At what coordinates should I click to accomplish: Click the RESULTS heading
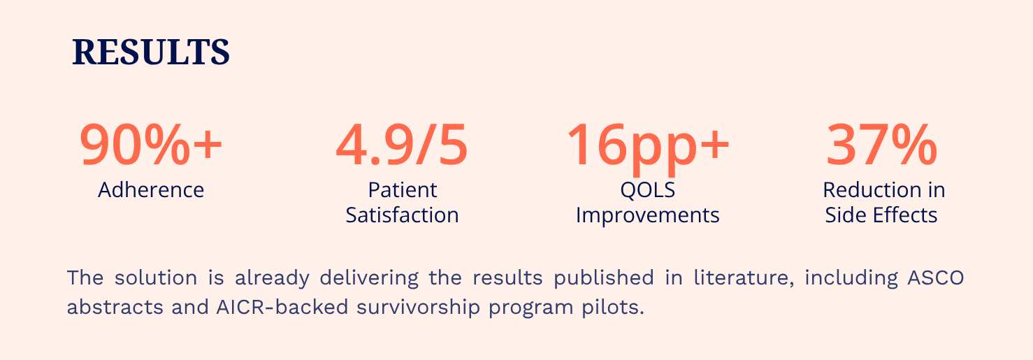pyautogui.click(x=151, y=52)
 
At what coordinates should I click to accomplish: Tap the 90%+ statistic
pyautogui.click(x=151, y=145)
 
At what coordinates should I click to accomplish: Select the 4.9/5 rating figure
pyautogui.click(x=402, y=145)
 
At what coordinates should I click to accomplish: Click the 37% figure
pyautogui.click(x=881, y=145)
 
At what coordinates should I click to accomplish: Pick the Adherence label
pyautogui.click(x=151, y=190)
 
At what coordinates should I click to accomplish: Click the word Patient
pyautogui.click(x=402, y=190)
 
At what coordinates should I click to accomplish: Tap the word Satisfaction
pyautogui.click(x=402, y=215)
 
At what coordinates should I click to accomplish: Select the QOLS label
pyautogui.click(x=647, y=190)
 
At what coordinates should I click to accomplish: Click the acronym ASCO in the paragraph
pyautogui.click(x=936, y=278)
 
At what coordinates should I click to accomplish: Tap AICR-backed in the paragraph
pyautogui.click(x=282, y=307)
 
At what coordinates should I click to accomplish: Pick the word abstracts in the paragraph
pyautogui.click(x=115, y=307)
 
